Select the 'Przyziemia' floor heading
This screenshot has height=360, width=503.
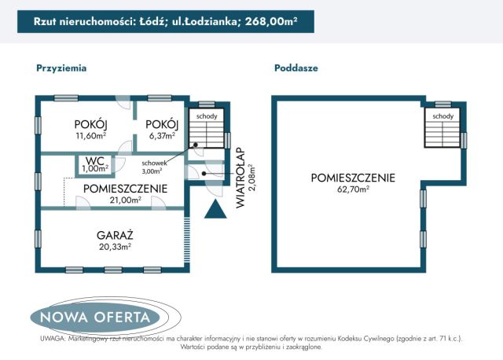(61, 68)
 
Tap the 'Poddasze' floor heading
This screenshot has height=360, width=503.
(296, 68)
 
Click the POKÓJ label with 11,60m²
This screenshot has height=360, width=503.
(90, 125)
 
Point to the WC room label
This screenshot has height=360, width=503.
(95, 161)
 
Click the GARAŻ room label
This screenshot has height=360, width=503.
(114, 234)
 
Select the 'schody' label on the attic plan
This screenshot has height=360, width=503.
(442, 116)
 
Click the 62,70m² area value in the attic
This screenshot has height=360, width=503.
(352, 189)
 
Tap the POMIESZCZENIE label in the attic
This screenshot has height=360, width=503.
(352, 178)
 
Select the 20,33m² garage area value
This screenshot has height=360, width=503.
(114, 246)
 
